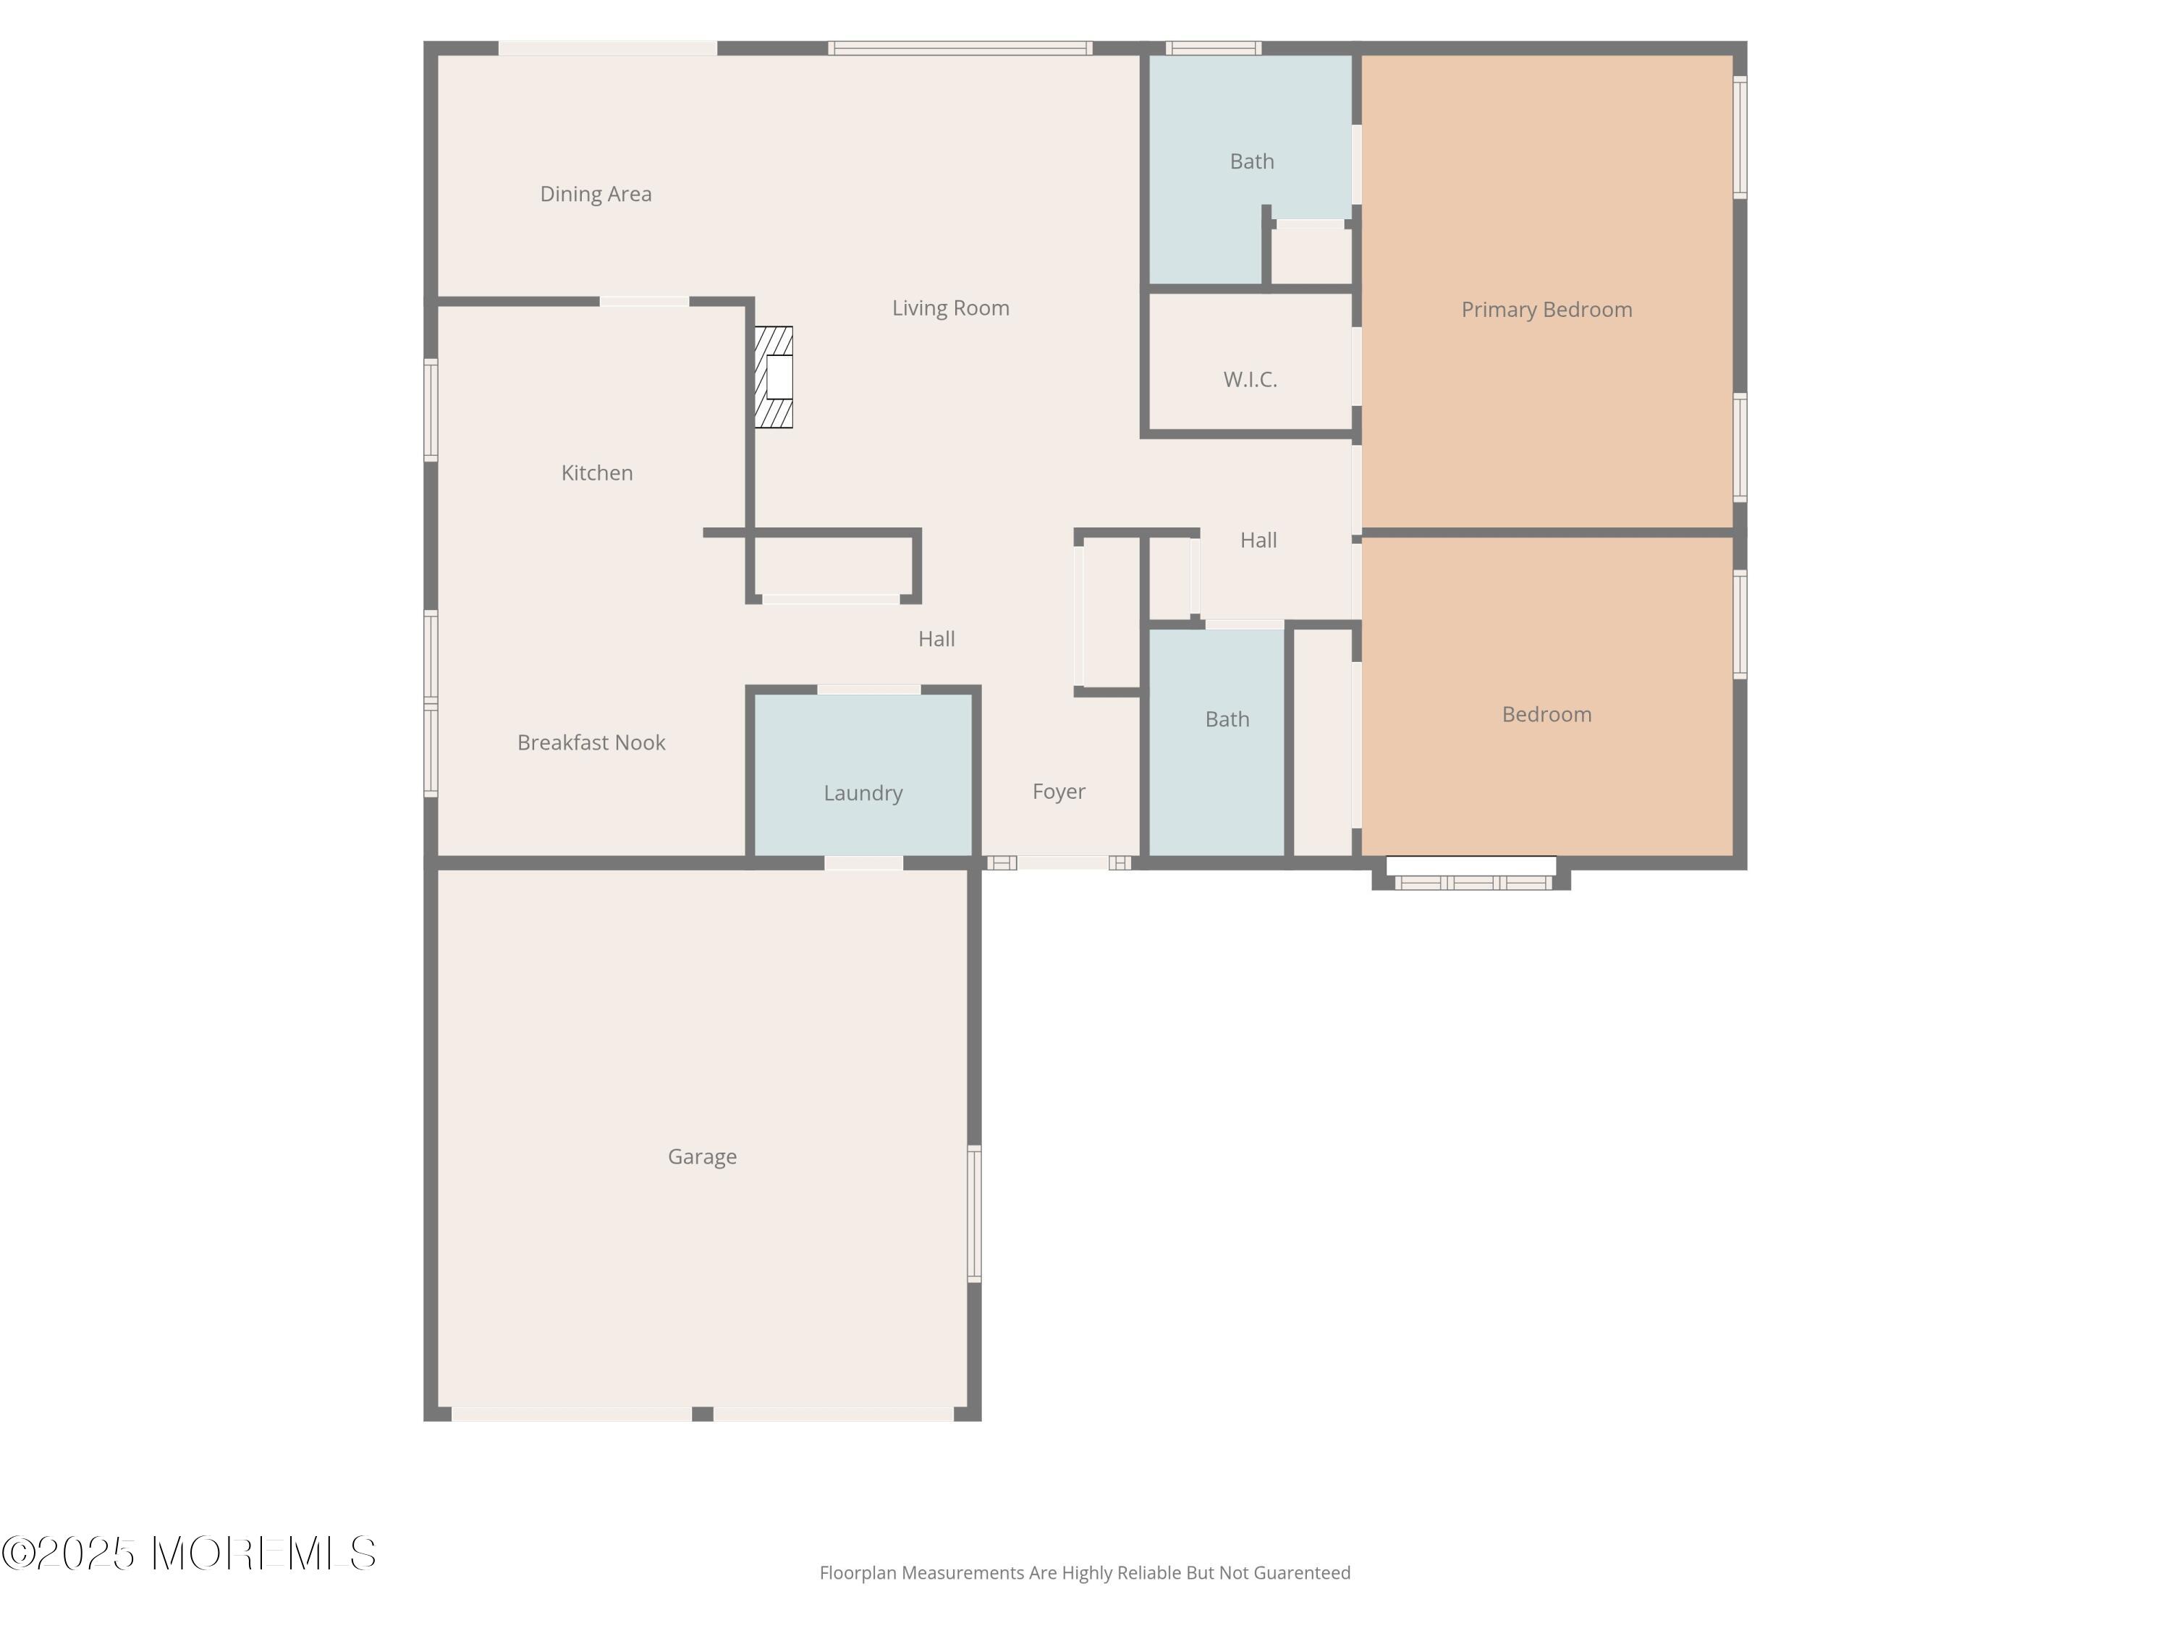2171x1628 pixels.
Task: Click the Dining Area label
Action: pyautogui.click(x=596, y=195)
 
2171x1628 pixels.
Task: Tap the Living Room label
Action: pyautogui.click(x=950, y=308)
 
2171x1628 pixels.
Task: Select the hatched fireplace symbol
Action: pyautogui.click(x=774, y=377)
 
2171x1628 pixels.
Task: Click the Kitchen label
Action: pyautogui.click(x=597, y=473)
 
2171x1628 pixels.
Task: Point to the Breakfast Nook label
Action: pyautogui.click(x=591, y=743)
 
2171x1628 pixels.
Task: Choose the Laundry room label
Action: pyautogui.click(x=863, y=793)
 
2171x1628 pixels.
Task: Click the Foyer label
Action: pyautogui.click(x=1058, y=791)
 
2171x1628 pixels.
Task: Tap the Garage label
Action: pyautogui.click(x=702, y=1157)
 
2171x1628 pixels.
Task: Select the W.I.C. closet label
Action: pyautogui.click(x=1249, y=380)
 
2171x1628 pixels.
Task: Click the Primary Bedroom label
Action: pyautogui.click(x=1546, y=310)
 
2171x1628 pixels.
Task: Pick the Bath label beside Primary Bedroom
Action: pyautogui.click(x=1251, y=162)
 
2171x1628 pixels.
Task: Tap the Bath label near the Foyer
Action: pyautogui.click(x=1227, y=719)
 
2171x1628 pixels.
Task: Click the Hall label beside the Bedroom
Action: pyautogui.click(x=1258, y=540)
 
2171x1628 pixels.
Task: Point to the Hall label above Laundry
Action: pyautogui.click(x=936, y=639)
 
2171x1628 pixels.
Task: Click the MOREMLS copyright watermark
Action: pyautogui.click(x=188, y=1553)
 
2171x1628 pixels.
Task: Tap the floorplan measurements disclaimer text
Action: pyautogui.click(x=1085, y=1573)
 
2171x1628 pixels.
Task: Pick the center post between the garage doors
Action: pyautogui.click(x=702, y=1413)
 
